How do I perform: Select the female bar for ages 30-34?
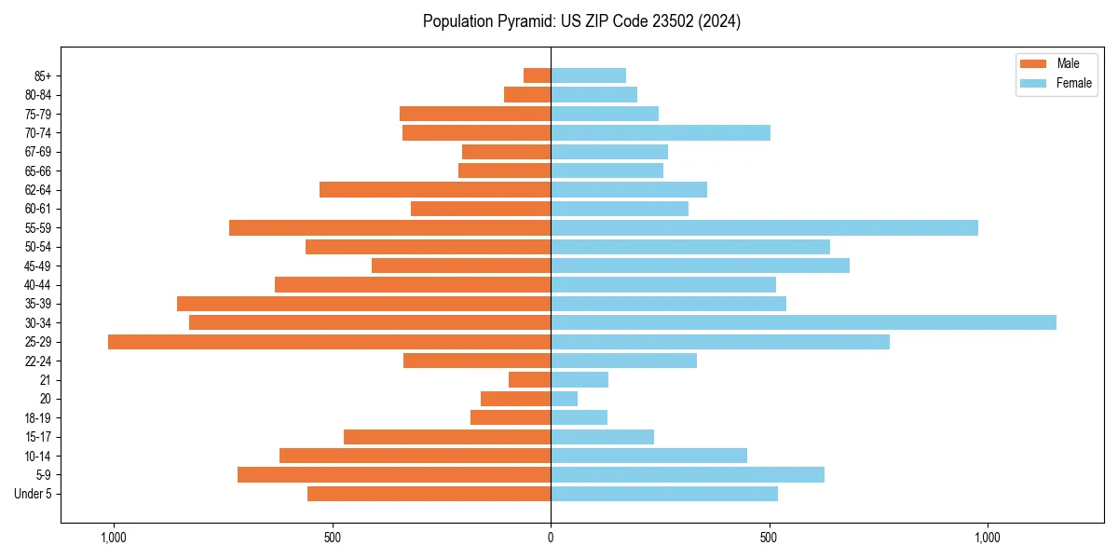[x=803, y=322]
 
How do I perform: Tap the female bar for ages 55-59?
[x=764, y=227]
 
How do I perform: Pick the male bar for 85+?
[x=538, y=75]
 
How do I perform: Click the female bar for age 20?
[x=565, y=399]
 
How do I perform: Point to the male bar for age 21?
[x=530, y=380]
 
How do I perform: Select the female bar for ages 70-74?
[x=661, y=132]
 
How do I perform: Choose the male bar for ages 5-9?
[x=394, y=475]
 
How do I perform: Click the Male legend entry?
[x=1068, y=63]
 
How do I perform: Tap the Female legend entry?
[x=1073, y=83]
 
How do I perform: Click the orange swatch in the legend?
[x=1033, y=63]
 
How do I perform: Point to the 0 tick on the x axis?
[x=551, y=538]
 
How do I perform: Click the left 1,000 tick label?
[x=113, y=538]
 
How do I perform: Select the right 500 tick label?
[x=769, y=538]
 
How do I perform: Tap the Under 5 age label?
[x=33, y=494]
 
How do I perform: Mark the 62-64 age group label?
[x=38, y=190]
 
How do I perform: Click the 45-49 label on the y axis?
[x=38, y=266]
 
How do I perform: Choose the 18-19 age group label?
[x=38, y=418]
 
